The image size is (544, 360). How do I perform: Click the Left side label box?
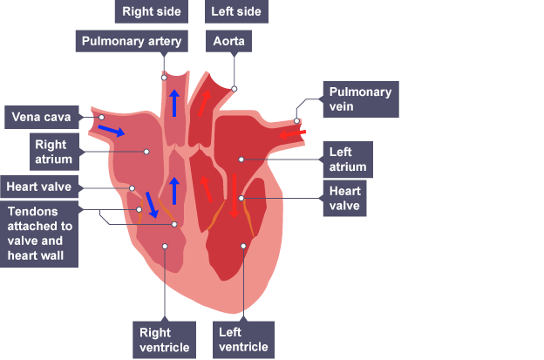(x=236, y=11)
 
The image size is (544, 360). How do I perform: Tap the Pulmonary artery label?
(x=131, y=41)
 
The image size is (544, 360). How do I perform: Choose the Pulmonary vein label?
(x=360, y=99)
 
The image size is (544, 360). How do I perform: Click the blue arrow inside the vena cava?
(x=111, y=130)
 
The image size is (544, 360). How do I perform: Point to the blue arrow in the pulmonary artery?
(x=174, y=103)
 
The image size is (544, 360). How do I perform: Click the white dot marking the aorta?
(x=235, y=88)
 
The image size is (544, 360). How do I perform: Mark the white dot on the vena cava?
(x=101, y=116)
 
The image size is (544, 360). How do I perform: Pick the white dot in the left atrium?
(x=241, y=160)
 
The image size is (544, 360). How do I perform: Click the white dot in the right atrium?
(x=146, y=152)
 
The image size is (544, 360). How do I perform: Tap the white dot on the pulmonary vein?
(x=297, y=121)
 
